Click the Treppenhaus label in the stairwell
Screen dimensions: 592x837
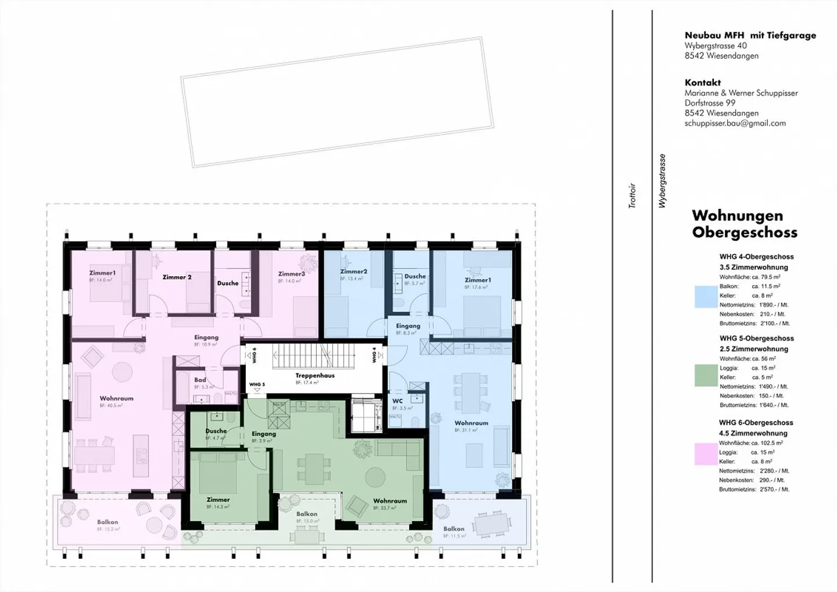click(x=314, y=376)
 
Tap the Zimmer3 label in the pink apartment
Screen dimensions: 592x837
click(x=291, y=274)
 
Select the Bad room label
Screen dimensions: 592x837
click(x=200, y=380)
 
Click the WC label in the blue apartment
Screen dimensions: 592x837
click(x=398, y=401)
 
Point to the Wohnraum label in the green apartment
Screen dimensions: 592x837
click(x=389, y=501)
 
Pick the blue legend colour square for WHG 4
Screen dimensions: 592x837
click(x=706, y=297)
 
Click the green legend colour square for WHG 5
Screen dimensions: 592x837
click(x=706, y=376)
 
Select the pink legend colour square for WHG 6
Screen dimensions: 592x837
click(x=706, y=454)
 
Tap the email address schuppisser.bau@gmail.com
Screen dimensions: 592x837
click(x=735, y=123)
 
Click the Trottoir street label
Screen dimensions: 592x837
click(x=632, y=196)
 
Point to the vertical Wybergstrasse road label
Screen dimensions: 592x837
click(x=662, y=181)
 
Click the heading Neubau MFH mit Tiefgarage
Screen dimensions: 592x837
click(x=750, y=35)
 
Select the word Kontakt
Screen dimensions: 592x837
click(x=702, y=83)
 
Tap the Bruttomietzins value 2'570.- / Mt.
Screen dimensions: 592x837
click(x=774, y=490)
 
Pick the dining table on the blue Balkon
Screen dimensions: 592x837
click(x=492, y=525)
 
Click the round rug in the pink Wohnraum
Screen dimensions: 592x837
click(x=122, y=371)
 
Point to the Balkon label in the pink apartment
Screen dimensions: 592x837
click(x=108, y=522)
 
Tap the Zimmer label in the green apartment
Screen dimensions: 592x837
click(x=218, y=500)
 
